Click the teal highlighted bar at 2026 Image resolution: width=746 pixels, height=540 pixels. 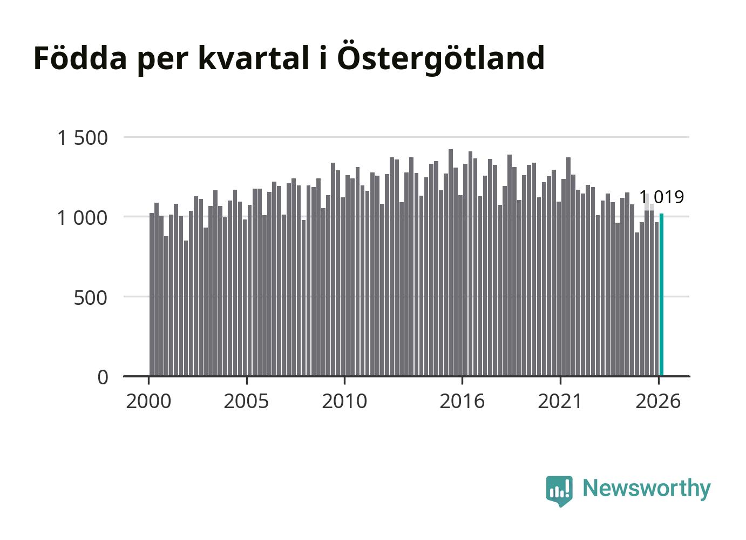coord(661,295)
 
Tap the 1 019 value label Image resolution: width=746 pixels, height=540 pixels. coord(661,197)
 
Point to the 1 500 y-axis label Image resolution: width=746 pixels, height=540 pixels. coord(83,138)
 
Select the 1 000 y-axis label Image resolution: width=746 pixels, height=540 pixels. coord(83,218)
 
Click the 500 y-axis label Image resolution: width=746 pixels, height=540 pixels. coord(90,298)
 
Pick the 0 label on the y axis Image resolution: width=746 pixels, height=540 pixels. coord(103,377)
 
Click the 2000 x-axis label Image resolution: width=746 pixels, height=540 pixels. coord(148,401)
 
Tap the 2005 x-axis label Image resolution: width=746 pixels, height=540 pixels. coord(246,401)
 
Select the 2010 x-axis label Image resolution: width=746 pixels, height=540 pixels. coord(344,401)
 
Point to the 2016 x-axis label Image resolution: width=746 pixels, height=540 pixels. coord(462,401)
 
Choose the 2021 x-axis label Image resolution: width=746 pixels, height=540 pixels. coord(560,401)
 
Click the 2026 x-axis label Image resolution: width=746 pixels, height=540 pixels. coord(658,401)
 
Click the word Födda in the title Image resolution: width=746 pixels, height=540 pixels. coord(80,58)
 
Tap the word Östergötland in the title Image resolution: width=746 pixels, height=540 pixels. coord(440,58)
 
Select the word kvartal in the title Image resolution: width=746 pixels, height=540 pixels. coord(254,58)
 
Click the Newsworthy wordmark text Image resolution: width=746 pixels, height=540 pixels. coord(647,489)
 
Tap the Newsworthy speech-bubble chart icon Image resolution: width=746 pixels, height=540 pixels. coord(559,491)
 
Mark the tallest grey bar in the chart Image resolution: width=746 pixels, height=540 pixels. coord(451,263)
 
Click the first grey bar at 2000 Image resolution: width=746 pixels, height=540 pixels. coord(152,295)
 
